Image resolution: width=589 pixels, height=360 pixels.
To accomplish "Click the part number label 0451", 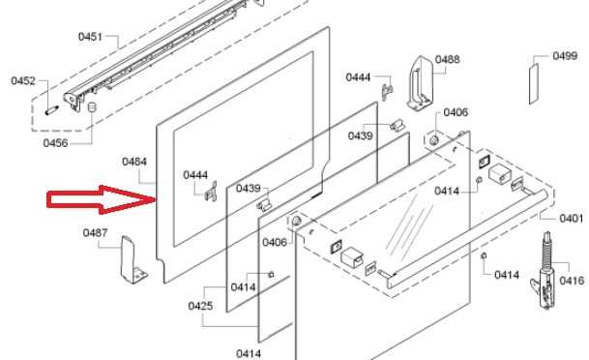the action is click(90, 37).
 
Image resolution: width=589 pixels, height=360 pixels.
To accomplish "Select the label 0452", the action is click(23, 80).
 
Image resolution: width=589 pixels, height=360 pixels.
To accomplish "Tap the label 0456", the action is click(55, 143).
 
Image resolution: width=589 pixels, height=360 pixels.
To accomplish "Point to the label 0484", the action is click(134, 162).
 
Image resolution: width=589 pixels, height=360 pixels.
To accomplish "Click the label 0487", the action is click(95, 233).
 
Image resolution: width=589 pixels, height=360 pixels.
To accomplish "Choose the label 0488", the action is click(448, 59).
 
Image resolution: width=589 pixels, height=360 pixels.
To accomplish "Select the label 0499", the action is click(565, 56).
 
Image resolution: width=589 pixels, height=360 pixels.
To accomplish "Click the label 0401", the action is click(572, 219).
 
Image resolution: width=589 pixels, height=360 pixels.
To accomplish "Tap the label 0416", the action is click(572, 281).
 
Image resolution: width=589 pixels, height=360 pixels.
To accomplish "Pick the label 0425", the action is click(200, 306).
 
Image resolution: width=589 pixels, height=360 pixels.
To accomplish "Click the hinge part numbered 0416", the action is click(544, 271).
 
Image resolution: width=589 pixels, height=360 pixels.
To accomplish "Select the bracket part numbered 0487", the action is click(133, 260).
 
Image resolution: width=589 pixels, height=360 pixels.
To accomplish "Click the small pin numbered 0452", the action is click(52, 110).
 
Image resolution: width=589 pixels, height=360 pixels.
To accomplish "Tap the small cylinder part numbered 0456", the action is click(92, 107).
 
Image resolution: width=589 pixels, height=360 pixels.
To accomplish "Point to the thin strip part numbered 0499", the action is click(534, 84).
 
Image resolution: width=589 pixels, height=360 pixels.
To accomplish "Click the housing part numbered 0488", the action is click(420, 83).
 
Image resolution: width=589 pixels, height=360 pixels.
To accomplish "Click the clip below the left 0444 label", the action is click(212, 191).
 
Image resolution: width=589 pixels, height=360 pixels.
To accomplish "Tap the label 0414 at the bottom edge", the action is click(249, 354).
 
